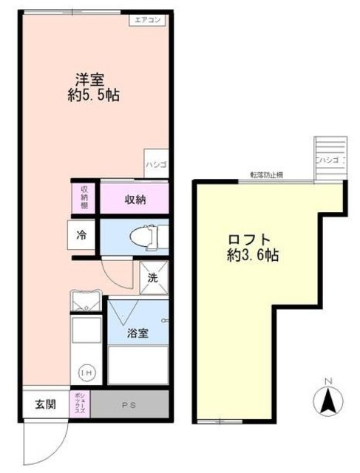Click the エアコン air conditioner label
(150, 20)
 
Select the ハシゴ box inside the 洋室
(155, 164)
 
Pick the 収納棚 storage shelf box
(84, 198)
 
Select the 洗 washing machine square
(153, 279)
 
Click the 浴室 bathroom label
(137, 333)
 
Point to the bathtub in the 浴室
(137, 364)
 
